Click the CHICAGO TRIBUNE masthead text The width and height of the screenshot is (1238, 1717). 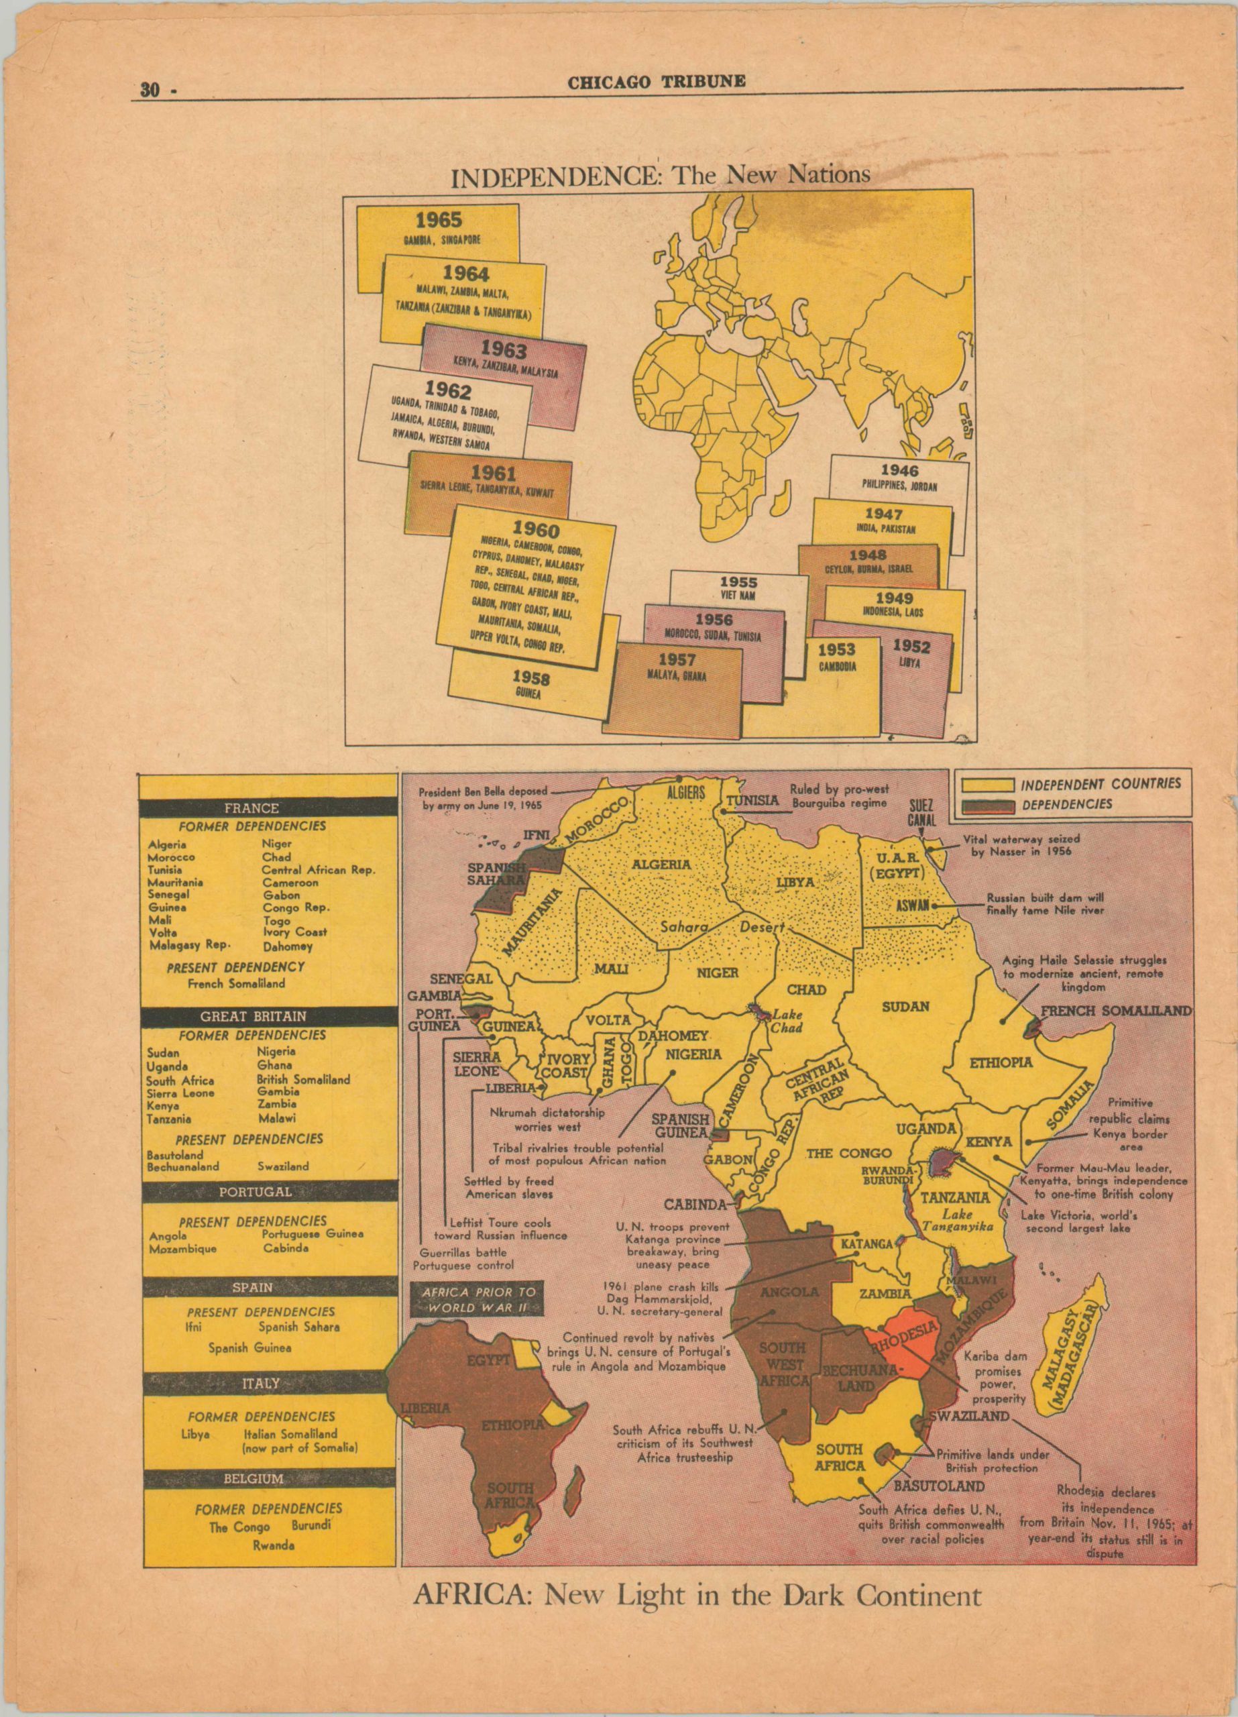pos(657,81)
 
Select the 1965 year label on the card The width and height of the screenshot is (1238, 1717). pos(438,220)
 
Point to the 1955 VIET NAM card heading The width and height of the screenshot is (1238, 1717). pos(738,582)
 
